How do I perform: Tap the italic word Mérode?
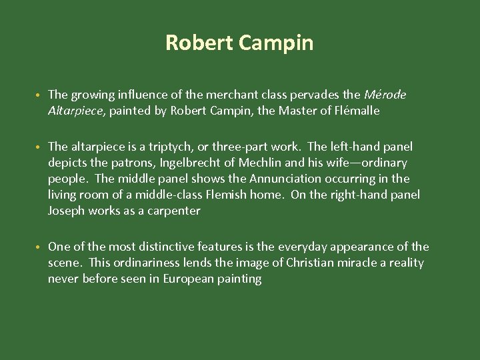coord(385,95)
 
